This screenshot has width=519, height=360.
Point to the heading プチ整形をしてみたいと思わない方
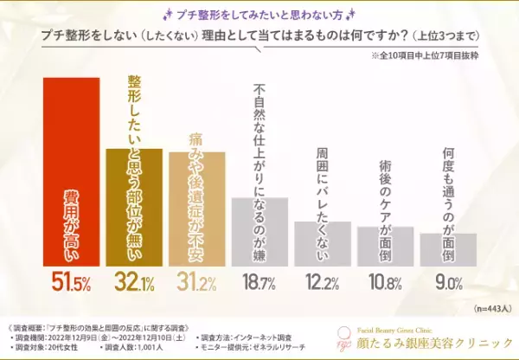tap(259, 12)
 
